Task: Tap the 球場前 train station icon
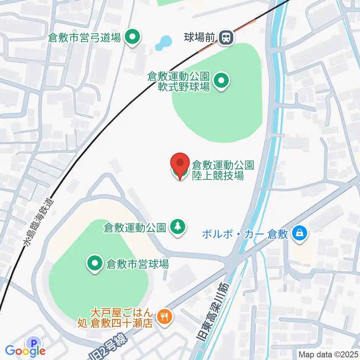click(226, 37)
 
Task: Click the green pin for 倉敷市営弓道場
click(132, 37)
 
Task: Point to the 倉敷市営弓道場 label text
click(85, 37)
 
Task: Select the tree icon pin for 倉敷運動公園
click(177, 226)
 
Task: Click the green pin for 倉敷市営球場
click(95, 264)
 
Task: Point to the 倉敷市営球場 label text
click(137, 264)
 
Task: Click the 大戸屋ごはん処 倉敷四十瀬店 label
click(115, 317)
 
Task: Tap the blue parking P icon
click(34, 342)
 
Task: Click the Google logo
click(25, 351)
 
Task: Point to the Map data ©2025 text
click(328, 354)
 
